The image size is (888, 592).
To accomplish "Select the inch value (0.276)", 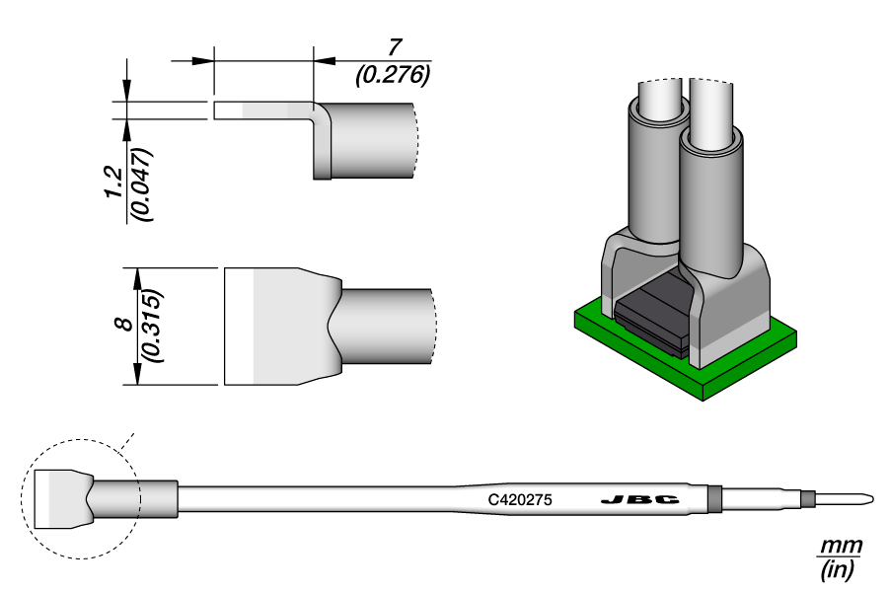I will [x=393, y=75].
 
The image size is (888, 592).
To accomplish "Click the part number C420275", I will [x=520, y=500].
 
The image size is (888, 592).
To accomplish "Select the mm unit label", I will [x=840, y=546].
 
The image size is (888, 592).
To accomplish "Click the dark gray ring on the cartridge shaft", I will [x=715, y=498].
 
